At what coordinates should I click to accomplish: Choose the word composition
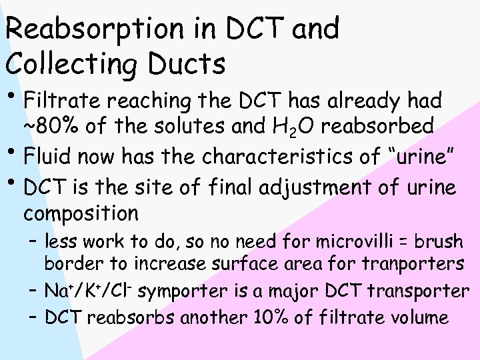(81, 215)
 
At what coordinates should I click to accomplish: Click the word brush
(435, 241)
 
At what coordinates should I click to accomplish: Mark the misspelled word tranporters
(413, 264)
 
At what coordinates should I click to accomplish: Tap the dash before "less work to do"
(33, 241)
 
